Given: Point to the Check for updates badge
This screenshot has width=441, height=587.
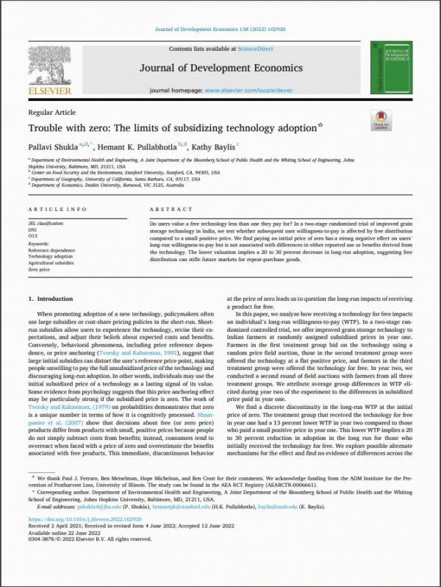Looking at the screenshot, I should (381, 121).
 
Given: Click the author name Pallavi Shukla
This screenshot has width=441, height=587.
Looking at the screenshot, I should (53, 146).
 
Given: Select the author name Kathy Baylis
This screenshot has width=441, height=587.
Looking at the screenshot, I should (212, 146).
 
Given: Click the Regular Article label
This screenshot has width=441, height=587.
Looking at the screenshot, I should (51, 112).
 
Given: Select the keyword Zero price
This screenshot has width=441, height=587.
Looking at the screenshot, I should (40, 269).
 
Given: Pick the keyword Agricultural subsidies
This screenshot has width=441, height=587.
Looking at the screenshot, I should (51, 263).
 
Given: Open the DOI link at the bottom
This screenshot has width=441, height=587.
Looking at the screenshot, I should (75, 542).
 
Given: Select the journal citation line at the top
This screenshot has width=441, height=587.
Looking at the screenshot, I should (220, 29).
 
